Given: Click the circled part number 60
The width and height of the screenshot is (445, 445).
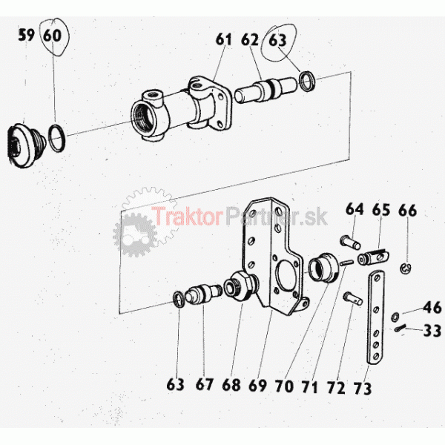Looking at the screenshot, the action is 53,36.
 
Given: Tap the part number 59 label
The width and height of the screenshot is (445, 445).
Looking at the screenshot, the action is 27,35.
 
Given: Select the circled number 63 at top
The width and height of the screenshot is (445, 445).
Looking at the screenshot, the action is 277,40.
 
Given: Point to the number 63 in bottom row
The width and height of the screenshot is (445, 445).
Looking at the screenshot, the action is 175,384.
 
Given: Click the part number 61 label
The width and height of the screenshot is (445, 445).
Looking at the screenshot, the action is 224,39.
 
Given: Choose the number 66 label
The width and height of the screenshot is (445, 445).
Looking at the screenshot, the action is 407,211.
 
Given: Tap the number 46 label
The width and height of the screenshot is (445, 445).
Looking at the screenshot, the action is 432,308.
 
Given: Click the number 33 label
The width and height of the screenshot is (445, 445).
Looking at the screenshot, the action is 432,331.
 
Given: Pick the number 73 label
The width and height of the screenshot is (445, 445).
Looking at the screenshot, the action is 363,388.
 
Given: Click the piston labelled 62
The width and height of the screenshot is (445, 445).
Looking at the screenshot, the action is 266,90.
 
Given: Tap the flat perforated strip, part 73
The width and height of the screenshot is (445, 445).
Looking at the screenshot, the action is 376,317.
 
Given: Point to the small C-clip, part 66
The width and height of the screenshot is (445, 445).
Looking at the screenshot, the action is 406,268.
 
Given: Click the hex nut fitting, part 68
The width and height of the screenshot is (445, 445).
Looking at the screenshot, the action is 240,286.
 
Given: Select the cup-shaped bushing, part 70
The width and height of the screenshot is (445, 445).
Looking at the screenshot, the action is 323,268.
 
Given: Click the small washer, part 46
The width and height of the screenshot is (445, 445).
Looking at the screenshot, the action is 395,317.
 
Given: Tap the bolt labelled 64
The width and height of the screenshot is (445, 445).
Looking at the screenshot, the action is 350,243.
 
